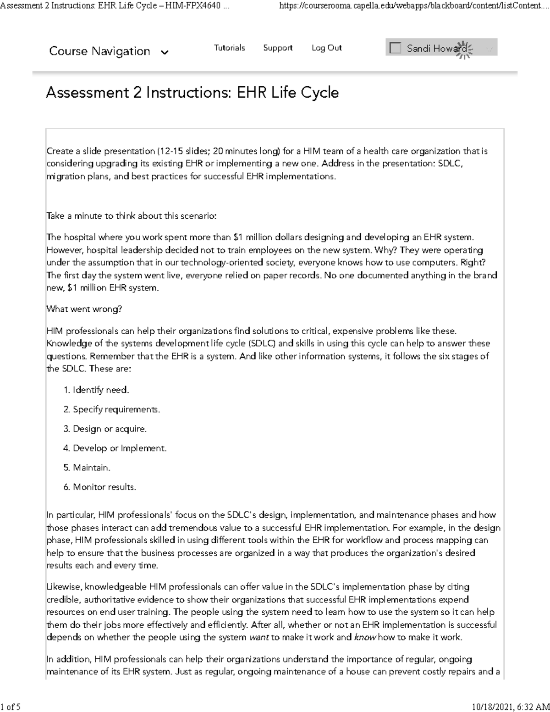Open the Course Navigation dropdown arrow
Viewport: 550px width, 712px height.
click(x=165, y=52)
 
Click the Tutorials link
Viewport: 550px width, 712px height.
click(x=229, y=48)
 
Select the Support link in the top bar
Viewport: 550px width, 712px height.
click(x=278, y=48)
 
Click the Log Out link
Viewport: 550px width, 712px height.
click(x=326, y=48)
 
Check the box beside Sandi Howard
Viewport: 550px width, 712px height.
click(x=395, y=48)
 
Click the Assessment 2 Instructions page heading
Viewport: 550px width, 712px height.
click(x=192, y=93)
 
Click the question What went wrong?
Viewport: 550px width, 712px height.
click(x=84, y=309)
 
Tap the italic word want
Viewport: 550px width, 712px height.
click(x=259, y=637)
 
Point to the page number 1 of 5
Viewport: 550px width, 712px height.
click(x=11, y=706)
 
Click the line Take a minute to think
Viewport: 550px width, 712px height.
click(x=131, y=216)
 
